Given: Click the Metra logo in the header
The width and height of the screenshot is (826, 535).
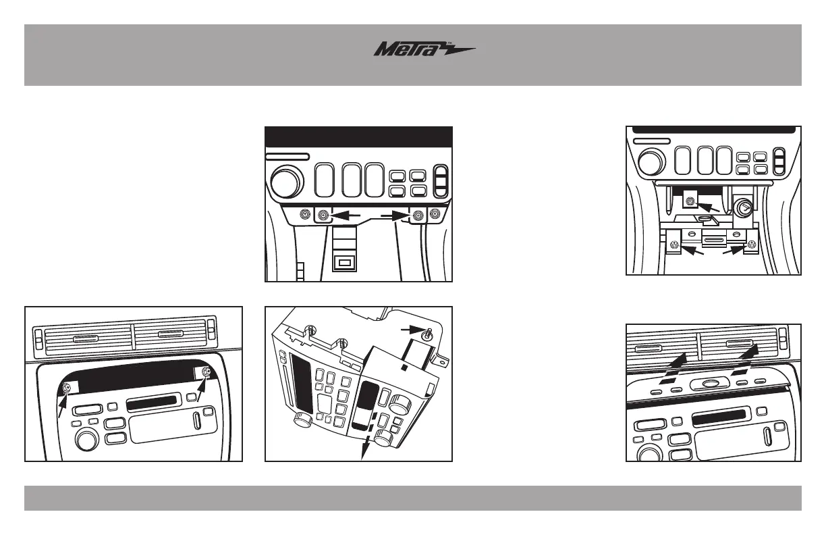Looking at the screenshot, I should [x=424, y=50].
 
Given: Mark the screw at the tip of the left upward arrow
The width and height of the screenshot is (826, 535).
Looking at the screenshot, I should [x=67, y=388].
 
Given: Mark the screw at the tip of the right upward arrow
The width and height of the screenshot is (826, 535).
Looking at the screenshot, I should [x=207, y=373].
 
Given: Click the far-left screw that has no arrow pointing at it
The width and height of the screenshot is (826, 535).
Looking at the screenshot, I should [x=305, y=213].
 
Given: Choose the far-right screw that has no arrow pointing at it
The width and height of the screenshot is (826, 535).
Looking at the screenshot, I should [x=433, y=214].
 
